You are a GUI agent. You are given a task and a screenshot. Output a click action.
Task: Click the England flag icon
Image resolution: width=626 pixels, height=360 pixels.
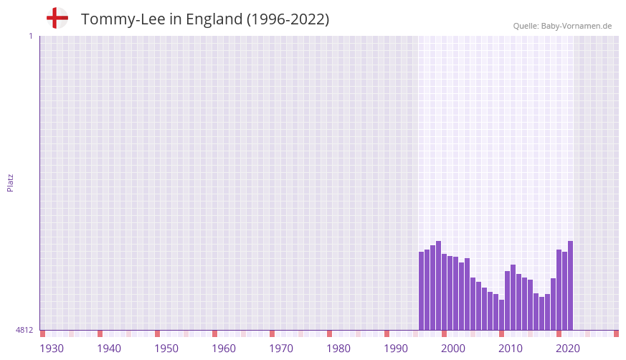tap(57, 18)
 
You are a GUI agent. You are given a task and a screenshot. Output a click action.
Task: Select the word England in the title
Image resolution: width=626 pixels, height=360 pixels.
tap(214, 19)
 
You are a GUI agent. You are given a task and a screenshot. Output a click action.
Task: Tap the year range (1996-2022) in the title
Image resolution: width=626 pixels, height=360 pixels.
tap(288, 19)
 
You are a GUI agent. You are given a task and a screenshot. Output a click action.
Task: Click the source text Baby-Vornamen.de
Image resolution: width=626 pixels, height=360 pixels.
tap(577, 26)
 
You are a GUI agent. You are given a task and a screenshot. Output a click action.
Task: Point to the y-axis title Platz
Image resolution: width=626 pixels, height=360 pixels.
tap(10, 182)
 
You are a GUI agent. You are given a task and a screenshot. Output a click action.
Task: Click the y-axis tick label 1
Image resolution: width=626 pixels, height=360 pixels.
tap(30, 36)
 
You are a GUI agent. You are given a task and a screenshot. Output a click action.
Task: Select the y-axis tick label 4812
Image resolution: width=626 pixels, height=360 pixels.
tap(24, 330)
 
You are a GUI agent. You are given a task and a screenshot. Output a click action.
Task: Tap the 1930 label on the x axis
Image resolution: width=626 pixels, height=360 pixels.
tap(52, 349)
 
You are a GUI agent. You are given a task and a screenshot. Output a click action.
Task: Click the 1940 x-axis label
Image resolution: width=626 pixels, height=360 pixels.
tap(109, 349)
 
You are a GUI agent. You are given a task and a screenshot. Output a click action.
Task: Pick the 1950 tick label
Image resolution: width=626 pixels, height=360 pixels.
tap(166, 349)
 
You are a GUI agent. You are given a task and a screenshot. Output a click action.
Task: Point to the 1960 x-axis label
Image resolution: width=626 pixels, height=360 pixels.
tap(224, 349)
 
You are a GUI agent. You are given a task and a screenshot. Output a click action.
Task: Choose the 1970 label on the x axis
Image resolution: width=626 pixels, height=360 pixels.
tap(281, 349)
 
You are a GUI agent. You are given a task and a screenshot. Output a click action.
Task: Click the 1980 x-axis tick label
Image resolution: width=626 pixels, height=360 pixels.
tap(338, 349)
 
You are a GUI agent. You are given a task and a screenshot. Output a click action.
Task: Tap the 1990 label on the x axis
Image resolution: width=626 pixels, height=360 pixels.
tap(396, 349)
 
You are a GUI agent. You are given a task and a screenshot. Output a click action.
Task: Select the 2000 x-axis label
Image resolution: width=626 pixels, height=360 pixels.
tap(453, 349)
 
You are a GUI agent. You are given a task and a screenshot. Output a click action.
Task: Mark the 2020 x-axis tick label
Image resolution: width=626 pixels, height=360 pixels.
tap(568, 349)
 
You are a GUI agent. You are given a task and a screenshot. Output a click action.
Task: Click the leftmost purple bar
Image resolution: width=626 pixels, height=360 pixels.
tap(422, 290)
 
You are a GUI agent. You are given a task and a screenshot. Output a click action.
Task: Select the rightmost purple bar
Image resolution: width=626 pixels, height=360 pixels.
tap(570, 285)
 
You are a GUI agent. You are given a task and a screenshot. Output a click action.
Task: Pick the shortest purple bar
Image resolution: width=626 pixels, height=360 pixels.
tap(502, 315)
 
